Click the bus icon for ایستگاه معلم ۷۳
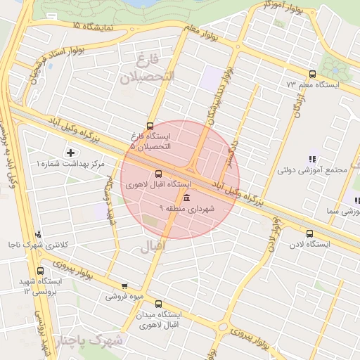(x=312, y=74)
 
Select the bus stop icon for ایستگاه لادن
(x=309, y=234)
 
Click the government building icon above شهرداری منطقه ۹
(x=186, y=197)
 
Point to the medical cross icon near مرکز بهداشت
(x=70, y=153)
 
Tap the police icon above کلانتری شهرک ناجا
(x=38, y=235)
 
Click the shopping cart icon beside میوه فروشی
(x=124, y=286)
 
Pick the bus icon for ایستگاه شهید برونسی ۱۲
(x=39, y=270)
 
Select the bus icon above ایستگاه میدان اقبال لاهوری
(x=157, y=304)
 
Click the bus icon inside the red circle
(x=157, y=174)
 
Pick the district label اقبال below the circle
(x=152, y=247)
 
